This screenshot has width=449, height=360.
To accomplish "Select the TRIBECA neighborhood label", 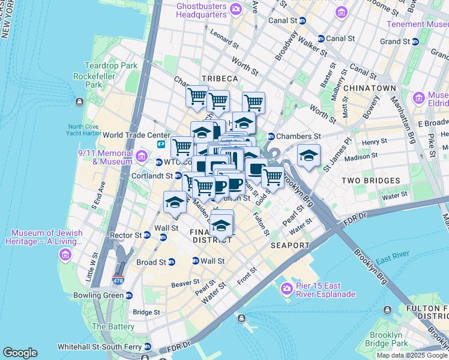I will coord(220,79).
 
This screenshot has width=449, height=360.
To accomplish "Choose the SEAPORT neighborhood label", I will coord(290,245).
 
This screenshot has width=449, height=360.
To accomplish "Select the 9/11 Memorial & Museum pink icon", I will coord(141,157).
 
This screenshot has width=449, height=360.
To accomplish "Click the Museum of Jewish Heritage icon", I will coord(64,255).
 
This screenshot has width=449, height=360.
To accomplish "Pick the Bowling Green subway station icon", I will coord(128,296).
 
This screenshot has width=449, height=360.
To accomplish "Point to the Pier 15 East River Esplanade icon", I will coord(286,289).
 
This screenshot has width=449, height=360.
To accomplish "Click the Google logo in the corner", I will coord(20,352).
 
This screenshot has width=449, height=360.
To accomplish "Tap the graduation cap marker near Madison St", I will coord(309,157).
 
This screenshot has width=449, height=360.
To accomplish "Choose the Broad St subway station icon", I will coord(171,262).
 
